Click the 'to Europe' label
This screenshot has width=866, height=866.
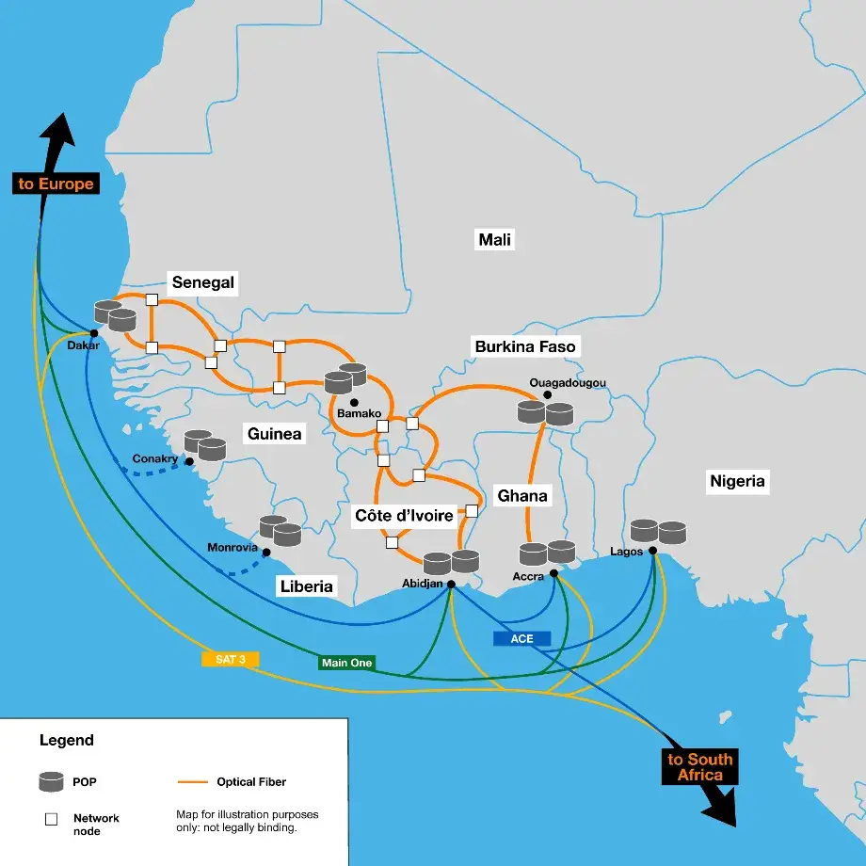[56, 184]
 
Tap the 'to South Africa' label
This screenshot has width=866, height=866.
[700, 767]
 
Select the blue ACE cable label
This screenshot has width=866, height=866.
[521, 638]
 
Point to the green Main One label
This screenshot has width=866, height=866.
[346, 663]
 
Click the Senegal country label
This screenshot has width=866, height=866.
[203, 282]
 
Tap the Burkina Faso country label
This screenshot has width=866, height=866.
[525, 346]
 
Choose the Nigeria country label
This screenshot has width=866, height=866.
[737, 482]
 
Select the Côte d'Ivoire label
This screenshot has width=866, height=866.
[405, 515]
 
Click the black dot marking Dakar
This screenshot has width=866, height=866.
[94, 333]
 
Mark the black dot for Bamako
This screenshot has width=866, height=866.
[354, 402]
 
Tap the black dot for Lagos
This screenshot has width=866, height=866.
[652, 551]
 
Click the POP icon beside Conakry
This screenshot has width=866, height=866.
[205, 444]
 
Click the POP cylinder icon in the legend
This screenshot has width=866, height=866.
[52, 781]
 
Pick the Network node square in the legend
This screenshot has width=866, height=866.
[52, 819]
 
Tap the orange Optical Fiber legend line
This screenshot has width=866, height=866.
[192, 781]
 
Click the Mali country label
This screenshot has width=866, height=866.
[495, 240]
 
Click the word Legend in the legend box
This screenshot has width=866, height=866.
[66, 740]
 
